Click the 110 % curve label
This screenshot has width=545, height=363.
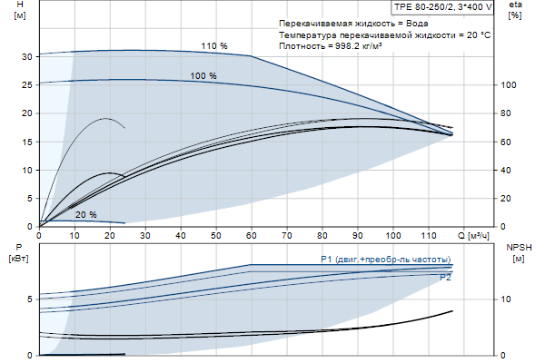click(213, 45)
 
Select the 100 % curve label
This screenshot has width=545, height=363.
click(203, 76)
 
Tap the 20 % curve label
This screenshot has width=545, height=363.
click(86, 215)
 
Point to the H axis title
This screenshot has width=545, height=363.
click(20, 11)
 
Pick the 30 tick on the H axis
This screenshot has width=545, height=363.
click(27, 56)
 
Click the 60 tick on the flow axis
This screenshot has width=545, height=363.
click(251, 235)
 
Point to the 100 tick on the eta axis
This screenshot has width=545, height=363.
click(510, 85)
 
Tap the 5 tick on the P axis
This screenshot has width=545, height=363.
click(30, 299)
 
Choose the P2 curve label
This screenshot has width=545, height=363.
click(445, 278)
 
